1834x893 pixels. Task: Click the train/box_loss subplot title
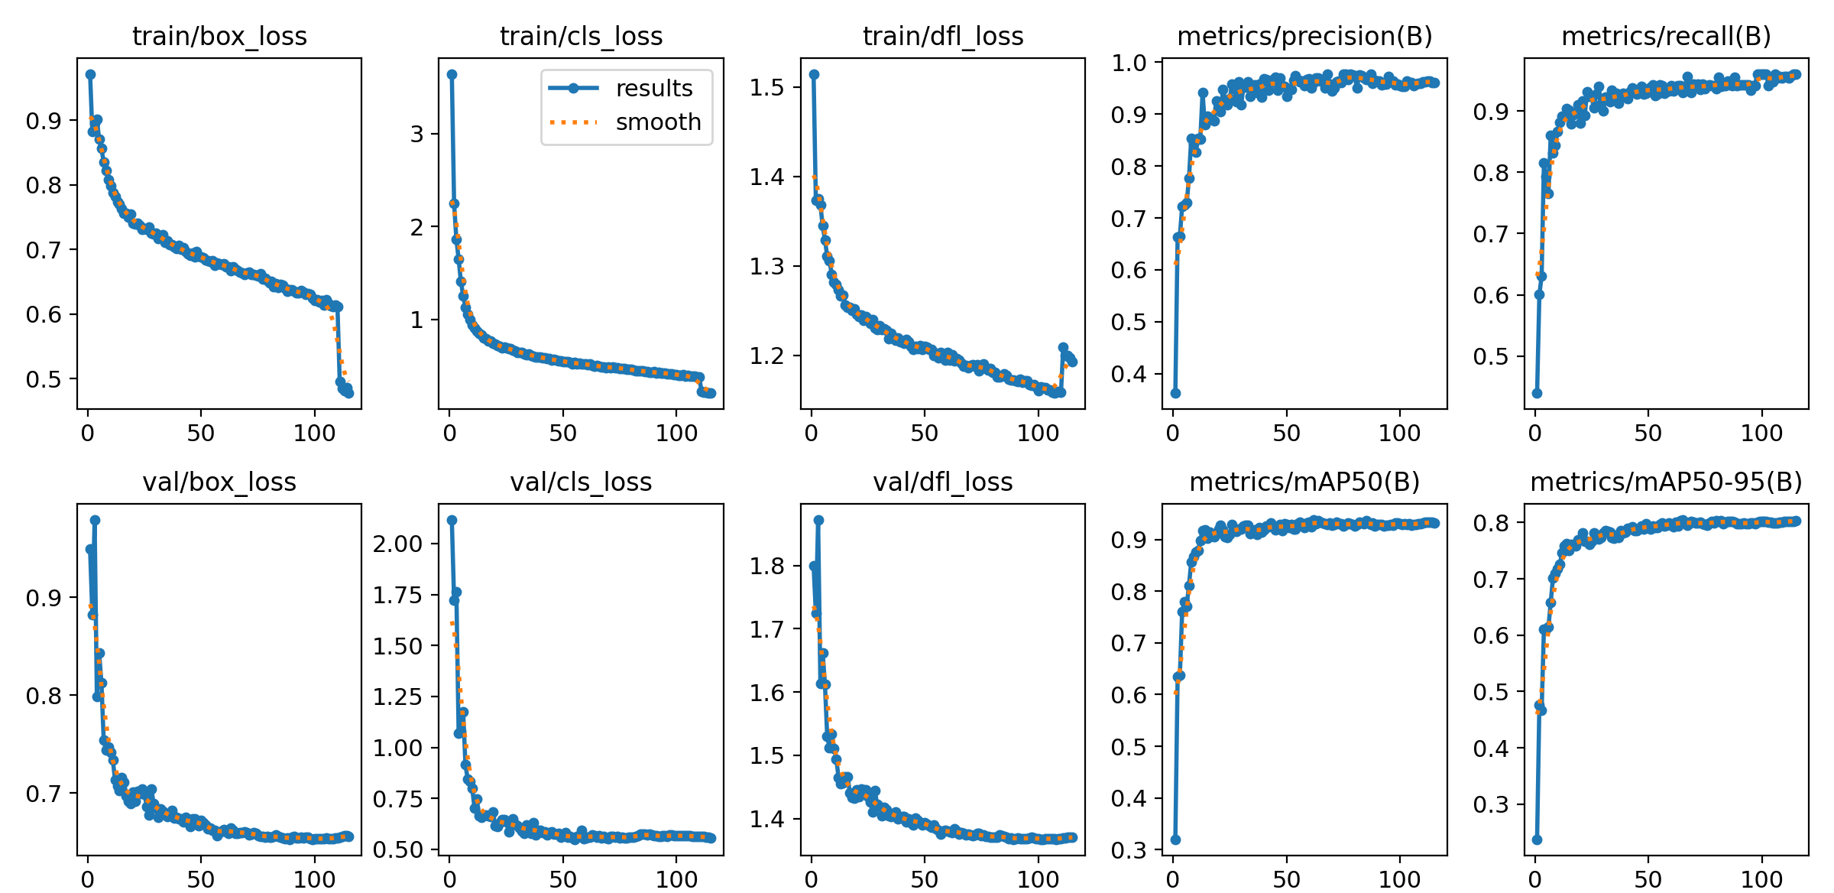[x=219, y=36]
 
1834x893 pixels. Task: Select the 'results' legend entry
[x=653, y=89]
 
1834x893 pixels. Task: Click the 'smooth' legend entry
[x=658, y=122]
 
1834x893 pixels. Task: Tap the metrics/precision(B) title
[x=1304, y=36]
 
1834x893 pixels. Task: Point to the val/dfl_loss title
[x=943, y=482]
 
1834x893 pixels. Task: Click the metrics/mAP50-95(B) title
[x=1666, y=482]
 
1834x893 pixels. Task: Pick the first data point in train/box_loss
[x=90, y=74]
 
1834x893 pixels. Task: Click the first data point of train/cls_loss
[x=452, y=74]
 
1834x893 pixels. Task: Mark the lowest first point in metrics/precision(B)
[x=1175, y=393]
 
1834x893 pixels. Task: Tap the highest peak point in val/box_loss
[x=95, y=520]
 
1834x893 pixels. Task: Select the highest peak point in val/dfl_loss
[x=818, y=520]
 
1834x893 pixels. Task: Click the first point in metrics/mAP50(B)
[x=1175, y=839]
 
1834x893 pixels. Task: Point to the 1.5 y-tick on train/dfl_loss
[x=767, y=87]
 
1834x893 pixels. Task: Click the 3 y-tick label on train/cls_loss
[x=416, y=134]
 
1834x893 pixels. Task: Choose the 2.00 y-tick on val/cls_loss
[x=397, y=544]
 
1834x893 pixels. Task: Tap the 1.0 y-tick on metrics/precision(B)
[x=1129, y=63]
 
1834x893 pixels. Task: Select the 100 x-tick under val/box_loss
[x=314, y=878]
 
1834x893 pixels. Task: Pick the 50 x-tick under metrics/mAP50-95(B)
[x=1648, y=878]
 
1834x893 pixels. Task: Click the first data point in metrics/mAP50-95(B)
[x=1537, y=839]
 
